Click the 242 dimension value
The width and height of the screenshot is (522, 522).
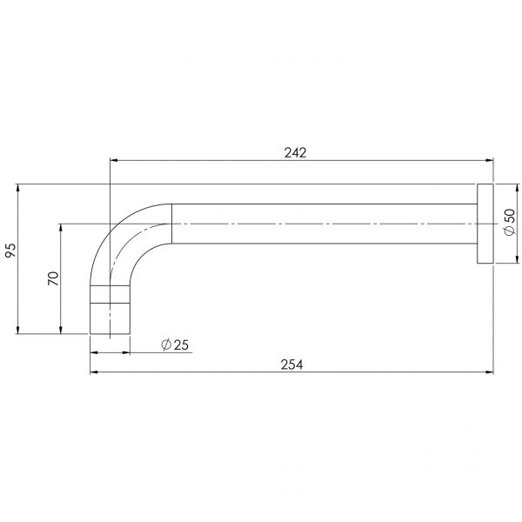tap(295, 153)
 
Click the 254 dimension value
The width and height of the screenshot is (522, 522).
tap(292, 365)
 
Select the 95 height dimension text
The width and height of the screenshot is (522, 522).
tap(10, 251)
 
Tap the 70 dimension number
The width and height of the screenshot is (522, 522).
tap(53, 278)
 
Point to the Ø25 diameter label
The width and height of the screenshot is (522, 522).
tap(175, 345)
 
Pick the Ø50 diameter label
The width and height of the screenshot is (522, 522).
tap(510, 222)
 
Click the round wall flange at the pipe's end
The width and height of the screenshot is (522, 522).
tap(485, 224)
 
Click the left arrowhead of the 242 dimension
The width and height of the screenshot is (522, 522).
tap(113, 160)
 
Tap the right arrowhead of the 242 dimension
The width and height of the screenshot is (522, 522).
tap(489, 160)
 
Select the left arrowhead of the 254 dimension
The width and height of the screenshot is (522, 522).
tap(94, 371)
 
